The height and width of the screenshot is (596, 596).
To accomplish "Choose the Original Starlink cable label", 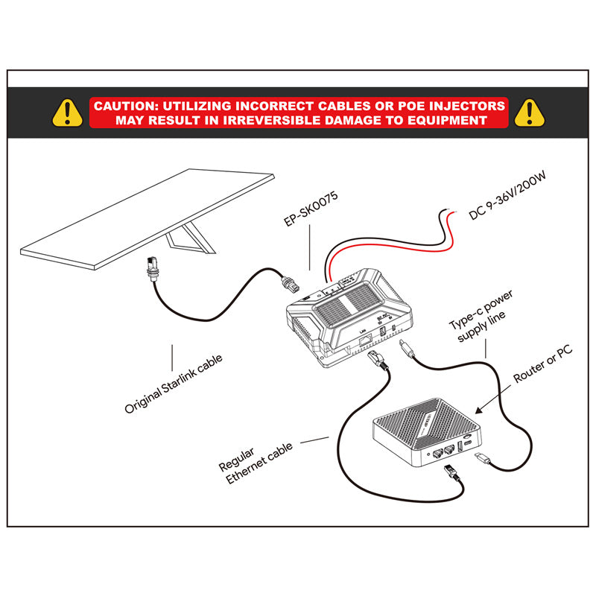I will coord(174,383).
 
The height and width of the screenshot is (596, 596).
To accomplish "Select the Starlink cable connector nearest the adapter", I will coord(291,283).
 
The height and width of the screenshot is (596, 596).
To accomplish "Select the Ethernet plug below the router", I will coord(450,472).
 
